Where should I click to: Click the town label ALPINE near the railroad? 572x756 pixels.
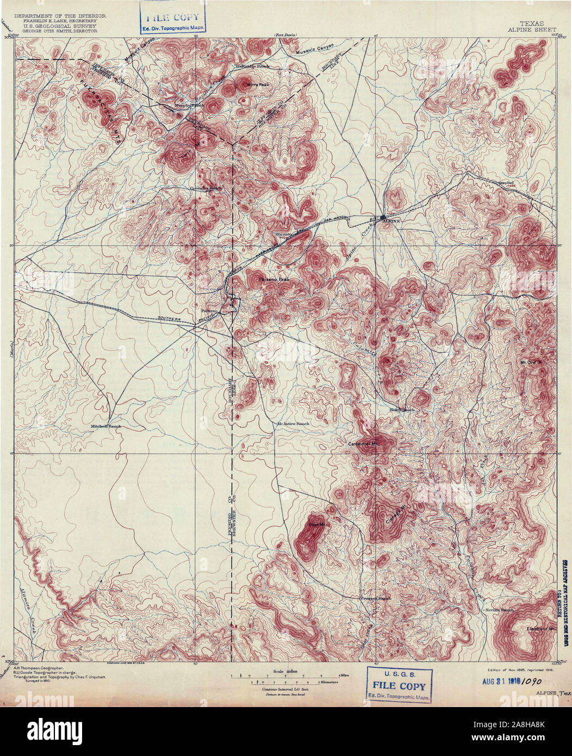(391, 222)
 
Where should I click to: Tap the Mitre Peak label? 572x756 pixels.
(258, 85)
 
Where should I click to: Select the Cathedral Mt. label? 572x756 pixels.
(363, 444)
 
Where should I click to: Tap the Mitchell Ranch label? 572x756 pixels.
(106, 426)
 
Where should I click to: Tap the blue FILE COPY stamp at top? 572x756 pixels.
(174, 20)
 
